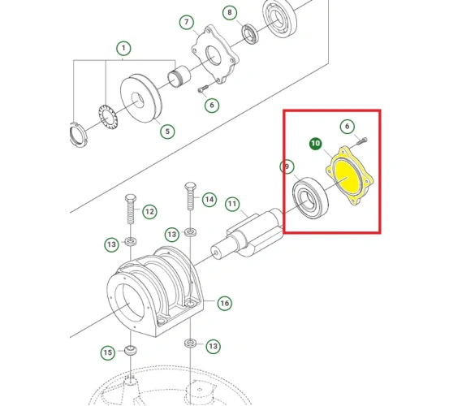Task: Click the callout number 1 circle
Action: pyautogui.click(x=123, y=49)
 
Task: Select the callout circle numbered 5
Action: pyautogui.click(x=166, y=130)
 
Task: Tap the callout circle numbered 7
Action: pyautogui.click(x=186, y=21)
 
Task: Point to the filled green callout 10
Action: pyautogui.click(x=315, y=144)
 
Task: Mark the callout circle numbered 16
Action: pyautogui.click(x=224, y=303)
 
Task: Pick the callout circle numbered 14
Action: pyautogui.click(x=209, y=199)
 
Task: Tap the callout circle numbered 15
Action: pyautogui.click(x=107, y=352)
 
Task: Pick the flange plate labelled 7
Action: pyautogui.click(x=216, y=55)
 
